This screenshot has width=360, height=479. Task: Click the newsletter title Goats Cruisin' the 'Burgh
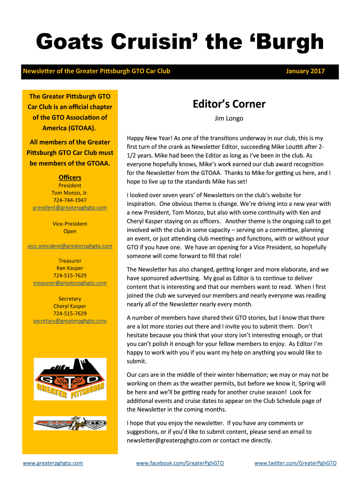[x=180, y=43]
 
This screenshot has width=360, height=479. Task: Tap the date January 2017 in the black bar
[x=305, y=71]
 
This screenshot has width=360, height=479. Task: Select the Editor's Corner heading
[x=229, y=104]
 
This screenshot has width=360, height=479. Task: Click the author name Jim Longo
[x=229, y=118]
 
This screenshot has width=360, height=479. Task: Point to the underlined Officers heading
[x=70, y=177]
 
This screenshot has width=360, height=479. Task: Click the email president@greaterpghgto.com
[x=70, y=207]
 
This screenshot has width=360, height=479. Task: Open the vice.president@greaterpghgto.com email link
[x=70, y=246]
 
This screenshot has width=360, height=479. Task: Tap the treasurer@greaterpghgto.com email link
[x=70, y=283]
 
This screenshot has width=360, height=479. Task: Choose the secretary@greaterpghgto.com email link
[x=70, y=321]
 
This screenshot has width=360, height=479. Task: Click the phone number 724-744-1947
[x=70, y=200]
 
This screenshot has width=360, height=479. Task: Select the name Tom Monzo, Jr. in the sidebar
[x=70, y=193]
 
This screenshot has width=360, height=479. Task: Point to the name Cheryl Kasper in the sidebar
[x=70, y=306]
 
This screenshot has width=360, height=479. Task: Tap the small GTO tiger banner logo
[x=70, y=423]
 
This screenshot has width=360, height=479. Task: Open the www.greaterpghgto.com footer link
[x=53, y=463]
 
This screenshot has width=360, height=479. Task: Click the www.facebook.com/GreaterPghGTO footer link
[x=180, y=463]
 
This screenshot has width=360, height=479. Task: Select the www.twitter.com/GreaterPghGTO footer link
[x=295, y=463]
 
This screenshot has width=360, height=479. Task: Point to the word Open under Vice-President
[x=70, y=231]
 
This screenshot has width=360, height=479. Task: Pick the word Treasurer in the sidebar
[x=70, y=261]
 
